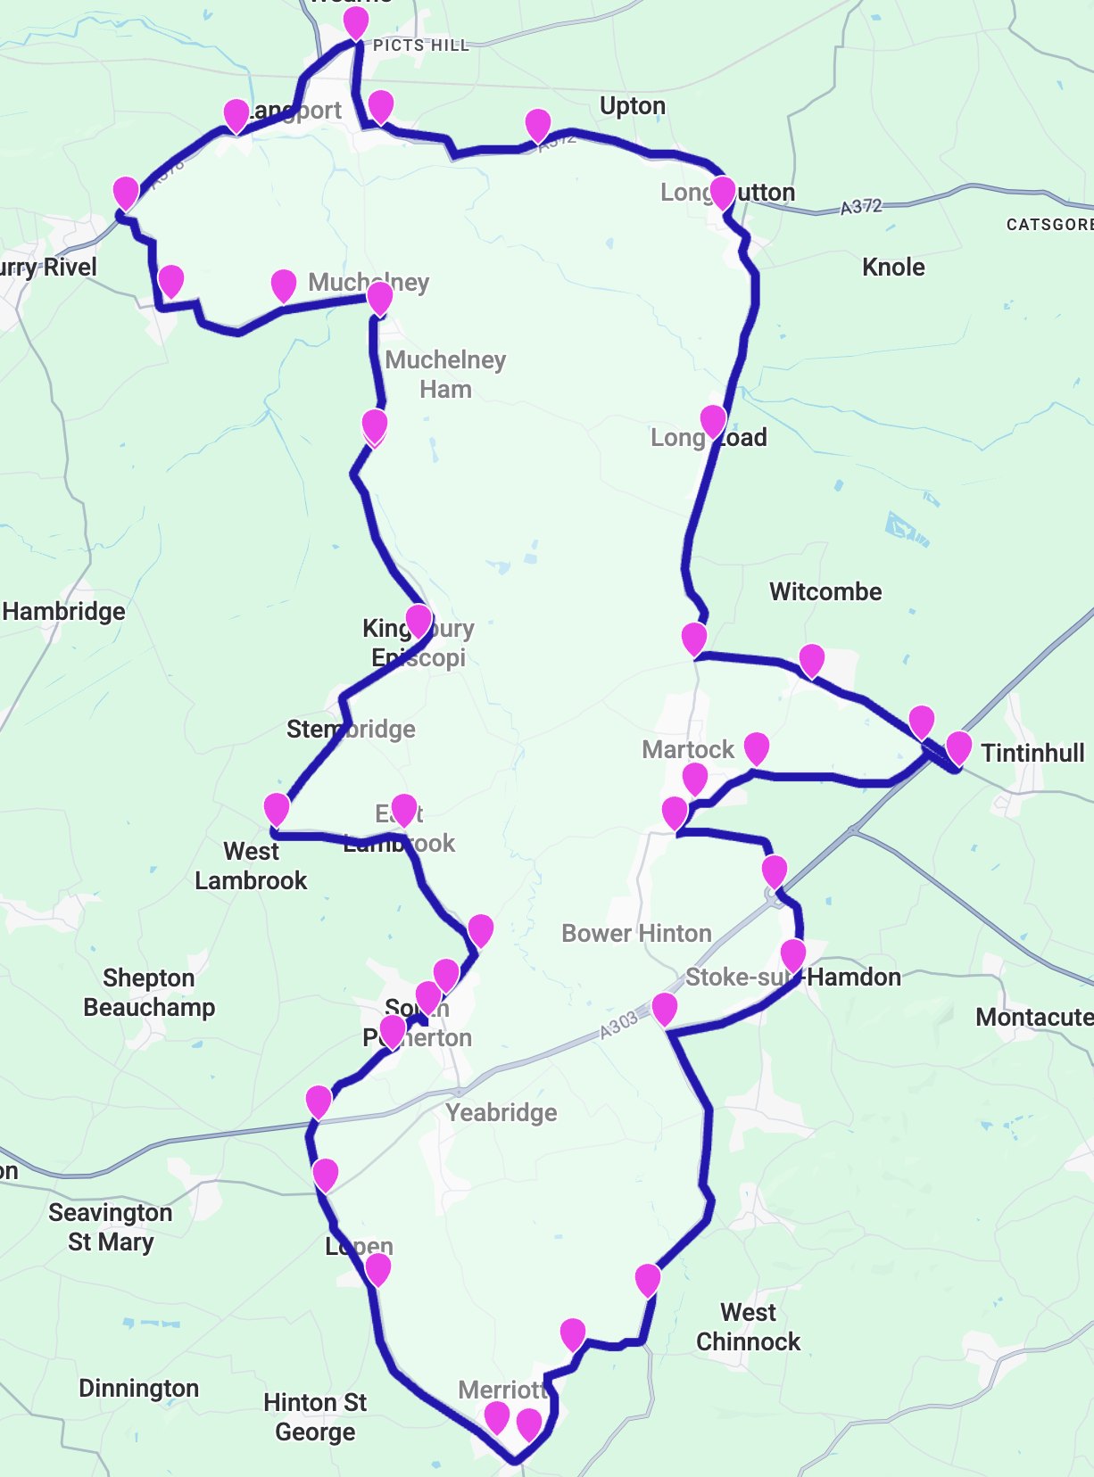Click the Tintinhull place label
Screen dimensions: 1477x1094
(1032, 753)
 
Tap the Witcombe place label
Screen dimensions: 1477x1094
(825, 591)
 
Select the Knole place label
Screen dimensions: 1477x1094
(893, 267)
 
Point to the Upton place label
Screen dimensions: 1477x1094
(633, 106)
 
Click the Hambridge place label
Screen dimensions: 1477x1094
(63, 611)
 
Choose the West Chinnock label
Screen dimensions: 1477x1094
(748, 1326)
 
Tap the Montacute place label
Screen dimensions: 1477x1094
(1033, 1017)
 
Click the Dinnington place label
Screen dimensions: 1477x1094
(138, 1388)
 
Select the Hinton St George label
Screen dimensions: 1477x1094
(315, 1416)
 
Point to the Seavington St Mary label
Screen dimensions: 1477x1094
(110, 1226)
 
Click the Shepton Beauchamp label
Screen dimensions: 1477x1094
(149, 992)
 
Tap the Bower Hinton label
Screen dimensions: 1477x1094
(636, 933)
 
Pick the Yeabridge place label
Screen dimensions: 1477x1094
(501, 1112)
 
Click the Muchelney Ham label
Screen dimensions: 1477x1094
(445, 374)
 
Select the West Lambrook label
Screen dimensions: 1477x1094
(251, 865)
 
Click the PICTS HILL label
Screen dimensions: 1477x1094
(420, 45)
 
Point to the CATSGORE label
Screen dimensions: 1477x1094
(1049, 224)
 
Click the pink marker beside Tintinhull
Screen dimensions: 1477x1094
(957, 747)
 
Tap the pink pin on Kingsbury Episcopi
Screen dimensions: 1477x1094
(419, 618)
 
